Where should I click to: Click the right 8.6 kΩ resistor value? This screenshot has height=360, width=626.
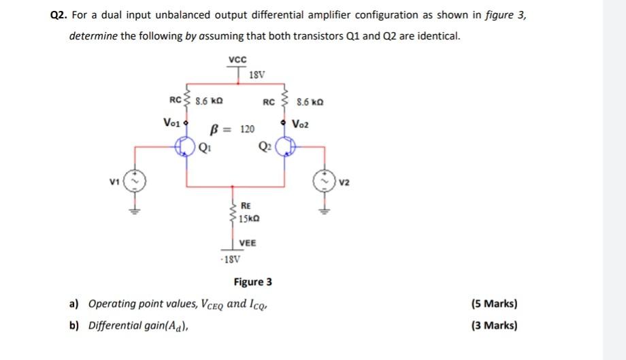click(312, 103)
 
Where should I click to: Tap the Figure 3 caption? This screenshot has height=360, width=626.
click(252, 282)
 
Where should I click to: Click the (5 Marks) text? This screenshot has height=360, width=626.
click(493, 304)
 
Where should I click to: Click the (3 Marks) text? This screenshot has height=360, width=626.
click(493, 325)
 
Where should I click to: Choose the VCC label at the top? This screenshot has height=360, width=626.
click(237, 59)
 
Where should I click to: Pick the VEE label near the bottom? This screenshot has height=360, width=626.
click(248, 243)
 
